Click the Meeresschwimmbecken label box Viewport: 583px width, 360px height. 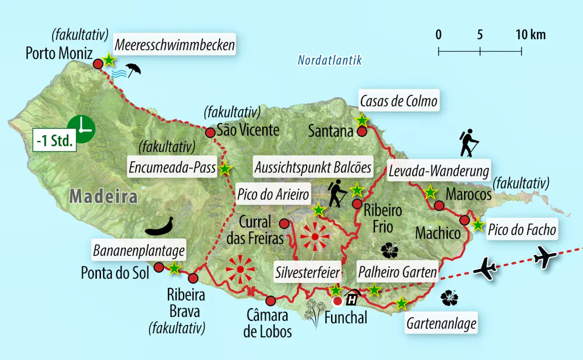(175, 45)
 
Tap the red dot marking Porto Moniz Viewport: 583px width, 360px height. (98, 63)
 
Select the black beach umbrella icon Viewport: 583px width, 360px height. (134, 69)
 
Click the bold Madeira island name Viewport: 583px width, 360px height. (103, 196)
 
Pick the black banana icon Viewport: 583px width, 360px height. (158, 226)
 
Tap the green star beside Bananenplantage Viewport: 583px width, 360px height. (174, 269)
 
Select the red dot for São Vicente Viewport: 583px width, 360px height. (210, 133)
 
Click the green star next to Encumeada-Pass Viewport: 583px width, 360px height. (225, 170)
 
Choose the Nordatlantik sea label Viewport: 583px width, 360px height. (329, 60)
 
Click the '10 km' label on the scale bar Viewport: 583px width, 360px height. (531, 34)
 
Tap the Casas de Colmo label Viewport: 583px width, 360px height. (398, 102)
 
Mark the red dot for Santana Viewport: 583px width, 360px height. (361, 132)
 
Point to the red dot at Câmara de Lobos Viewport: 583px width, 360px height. (271, 301)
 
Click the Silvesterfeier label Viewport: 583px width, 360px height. (307, 270)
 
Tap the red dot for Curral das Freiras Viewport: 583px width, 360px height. (284, 224)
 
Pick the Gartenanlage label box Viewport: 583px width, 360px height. (442, 323)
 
